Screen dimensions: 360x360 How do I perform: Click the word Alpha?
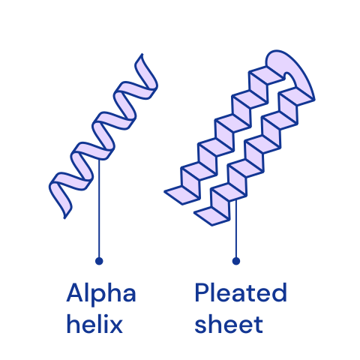point(101,294)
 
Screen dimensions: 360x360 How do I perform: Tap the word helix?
point(94,324)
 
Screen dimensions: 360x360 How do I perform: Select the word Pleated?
point(241,292)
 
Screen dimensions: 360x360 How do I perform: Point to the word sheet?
point(229,324)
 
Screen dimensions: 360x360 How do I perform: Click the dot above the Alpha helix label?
point(99,261)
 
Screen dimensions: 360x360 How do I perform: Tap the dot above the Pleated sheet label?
point(236,261)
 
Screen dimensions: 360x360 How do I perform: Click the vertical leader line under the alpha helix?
point(99,208)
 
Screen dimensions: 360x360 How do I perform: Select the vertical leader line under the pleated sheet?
point(236,229)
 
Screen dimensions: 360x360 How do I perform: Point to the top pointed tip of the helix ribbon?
point(142,54)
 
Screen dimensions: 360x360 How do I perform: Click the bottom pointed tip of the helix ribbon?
point(64,218)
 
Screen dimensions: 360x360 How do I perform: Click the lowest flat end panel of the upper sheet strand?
point(182,195)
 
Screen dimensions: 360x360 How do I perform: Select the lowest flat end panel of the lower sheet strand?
point(212,216)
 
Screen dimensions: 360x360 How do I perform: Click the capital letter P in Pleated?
point(201,292)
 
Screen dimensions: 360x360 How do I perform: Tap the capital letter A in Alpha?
point(75,292)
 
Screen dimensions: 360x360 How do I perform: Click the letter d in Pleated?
point(280,292)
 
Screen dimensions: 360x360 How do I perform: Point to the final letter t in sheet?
point(259,325)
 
